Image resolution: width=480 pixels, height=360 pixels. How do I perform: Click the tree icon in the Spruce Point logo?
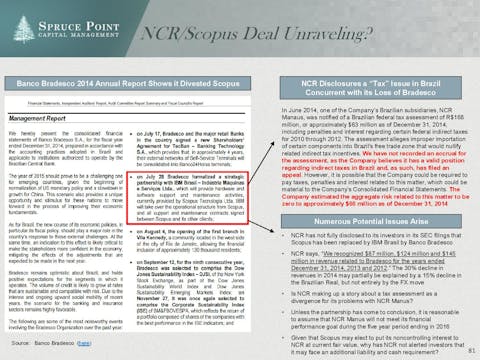(x=12, y=20)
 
